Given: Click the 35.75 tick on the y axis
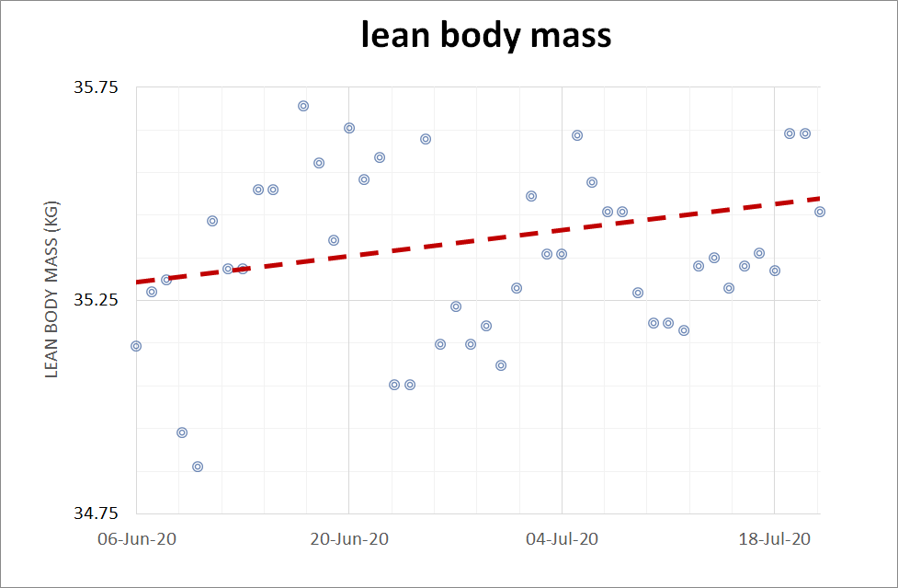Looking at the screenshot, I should (x=96, y=88).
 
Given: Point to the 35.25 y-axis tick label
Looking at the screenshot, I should (x=96, y=301).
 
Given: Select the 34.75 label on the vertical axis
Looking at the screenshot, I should (x=96, y=513).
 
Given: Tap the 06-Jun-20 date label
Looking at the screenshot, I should (x=135, y=539).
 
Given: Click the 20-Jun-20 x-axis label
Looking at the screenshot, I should (x=348, y=539).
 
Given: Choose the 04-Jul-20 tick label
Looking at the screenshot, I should (x=563, y=539).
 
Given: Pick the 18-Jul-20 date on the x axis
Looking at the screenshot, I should (x=775, y=539).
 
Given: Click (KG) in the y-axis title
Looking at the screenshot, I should (x=51, y=214).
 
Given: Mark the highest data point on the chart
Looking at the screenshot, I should (x=303, y=106).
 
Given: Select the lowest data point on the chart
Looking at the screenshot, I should (x=198, y=467).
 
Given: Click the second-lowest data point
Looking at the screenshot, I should (x=182, y=432).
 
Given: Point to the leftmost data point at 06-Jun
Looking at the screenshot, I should (x=136, y=346).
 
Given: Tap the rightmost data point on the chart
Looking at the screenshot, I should (x=820, y=212).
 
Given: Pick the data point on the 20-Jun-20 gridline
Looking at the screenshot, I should (x=349, y=128).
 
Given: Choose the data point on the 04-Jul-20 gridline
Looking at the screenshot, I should (x=562, y=254).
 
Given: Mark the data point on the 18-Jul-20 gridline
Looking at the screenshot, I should (x=775, y=271).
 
